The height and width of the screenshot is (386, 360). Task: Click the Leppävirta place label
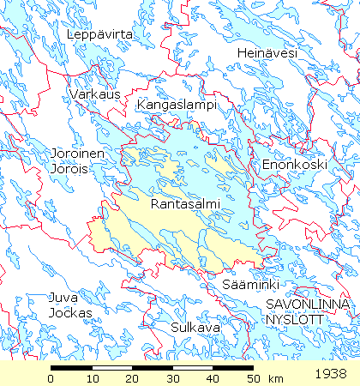101,34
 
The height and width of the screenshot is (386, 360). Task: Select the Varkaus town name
96,93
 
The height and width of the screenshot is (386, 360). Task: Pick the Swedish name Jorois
69,169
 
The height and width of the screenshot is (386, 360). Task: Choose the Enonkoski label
283,164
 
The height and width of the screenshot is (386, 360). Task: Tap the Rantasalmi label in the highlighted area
185,204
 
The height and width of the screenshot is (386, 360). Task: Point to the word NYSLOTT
293,318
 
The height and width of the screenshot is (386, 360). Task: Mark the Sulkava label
195,328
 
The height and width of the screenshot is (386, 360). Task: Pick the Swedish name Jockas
70,313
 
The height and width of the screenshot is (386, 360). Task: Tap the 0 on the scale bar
51,378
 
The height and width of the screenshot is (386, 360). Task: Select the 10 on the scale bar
92,378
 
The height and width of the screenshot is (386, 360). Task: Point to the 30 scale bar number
172,378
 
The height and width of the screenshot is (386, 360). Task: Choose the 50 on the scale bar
252,378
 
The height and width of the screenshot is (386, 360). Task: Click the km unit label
276,378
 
